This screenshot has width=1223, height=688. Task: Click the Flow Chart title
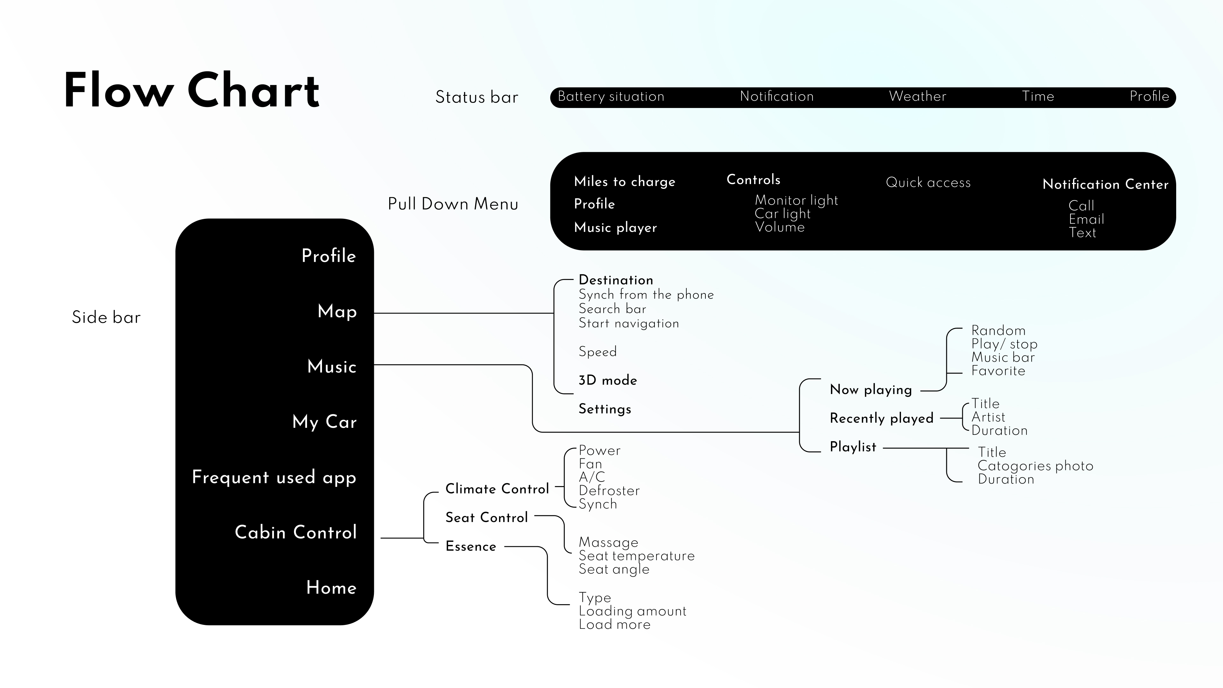pyautogui.click(x=191, y=90)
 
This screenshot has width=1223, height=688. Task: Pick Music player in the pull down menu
pyautogui.click(x=615, y=227)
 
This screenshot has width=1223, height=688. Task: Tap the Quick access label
pyautogui.click(x=928, y=182)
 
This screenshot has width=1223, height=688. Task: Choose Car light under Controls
pyautogui.click(x=783, y=214)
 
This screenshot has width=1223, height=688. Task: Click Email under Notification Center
pyautogui.click(x=1086, y=219)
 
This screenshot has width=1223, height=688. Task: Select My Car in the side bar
pyautogui.click(x=324, y=422)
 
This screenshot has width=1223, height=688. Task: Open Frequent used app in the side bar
pyautogui.click(x=274, y=477)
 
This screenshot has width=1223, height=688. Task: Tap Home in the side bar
pyautogui.click(x=331, y=588)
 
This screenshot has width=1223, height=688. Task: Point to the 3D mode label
pyautogui.click(x=608, y=380)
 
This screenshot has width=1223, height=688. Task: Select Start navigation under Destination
pyautogui.click(x=629, y=323)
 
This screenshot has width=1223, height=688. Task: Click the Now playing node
pyautogui.click(x=871, y=390)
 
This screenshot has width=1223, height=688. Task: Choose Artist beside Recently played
pyautogui.click(x=988, y=417)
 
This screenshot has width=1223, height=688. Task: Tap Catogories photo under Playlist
pyautogui.click(x=1035, y=466)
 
